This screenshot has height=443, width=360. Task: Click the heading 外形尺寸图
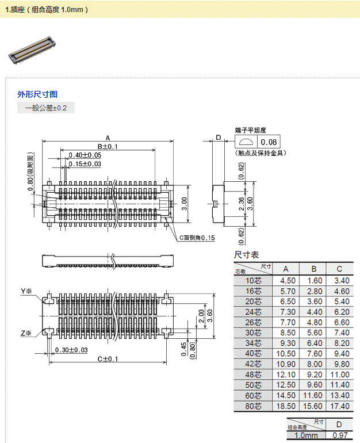click(37, 94)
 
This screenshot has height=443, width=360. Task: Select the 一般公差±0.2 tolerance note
click(46, 108)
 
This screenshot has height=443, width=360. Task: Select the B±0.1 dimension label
click(107, 147)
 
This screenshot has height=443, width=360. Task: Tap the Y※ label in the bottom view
click(26, 291)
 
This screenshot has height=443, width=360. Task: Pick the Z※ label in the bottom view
click(26, 333)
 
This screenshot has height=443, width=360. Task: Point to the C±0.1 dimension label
click(107, 359)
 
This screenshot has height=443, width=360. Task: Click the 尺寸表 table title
click(246, 255)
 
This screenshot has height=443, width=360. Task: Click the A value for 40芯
click(288, 353)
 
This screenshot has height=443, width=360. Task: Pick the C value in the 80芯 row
click(339, 406)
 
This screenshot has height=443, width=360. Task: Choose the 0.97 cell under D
click(339, 436)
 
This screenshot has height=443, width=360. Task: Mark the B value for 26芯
click(314, 322)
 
